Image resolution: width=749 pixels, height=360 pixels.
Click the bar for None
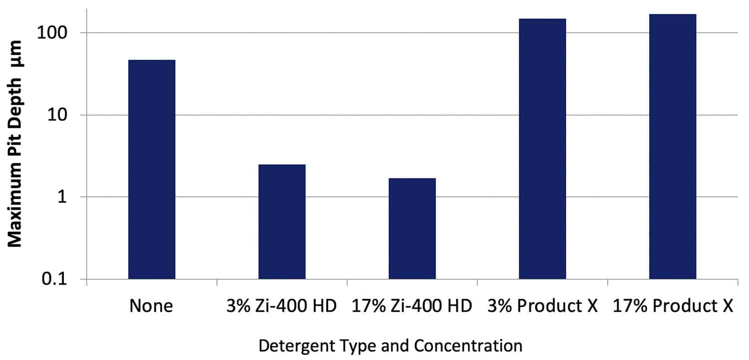pyautogui.click(x=152, y=169)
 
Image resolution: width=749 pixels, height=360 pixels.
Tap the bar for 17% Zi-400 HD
pyautogui.click(x=412, y=228)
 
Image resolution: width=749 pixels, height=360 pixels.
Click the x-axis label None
pyautogui.click(x=151, y=306)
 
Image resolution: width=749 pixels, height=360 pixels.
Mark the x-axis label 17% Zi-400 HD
pyautogui.click(x=412, y=306)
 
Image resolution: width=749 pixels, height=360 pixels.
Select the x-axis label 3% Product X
pyautogui.click(x=543, y=306)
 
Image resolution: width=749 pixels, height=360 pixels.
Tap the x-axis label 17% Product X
pyautogui.click(x=673, y=306)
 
